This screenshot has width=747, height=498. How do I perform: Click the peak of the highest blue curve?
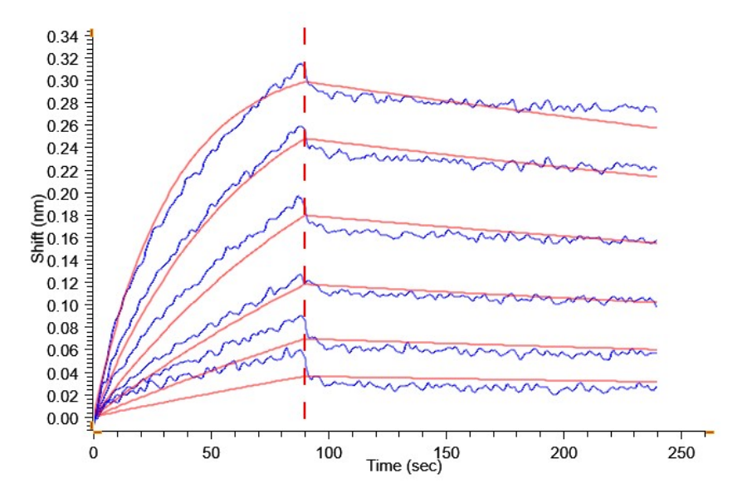pos(301,63)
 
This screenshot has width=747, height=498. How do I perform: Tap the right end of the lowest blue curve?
pos(657,387)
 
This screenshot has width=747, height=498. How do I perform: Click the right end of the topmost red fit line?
pos(657,128)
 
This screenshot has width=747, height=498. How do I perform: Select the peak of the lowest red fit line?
pos(305,376)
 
